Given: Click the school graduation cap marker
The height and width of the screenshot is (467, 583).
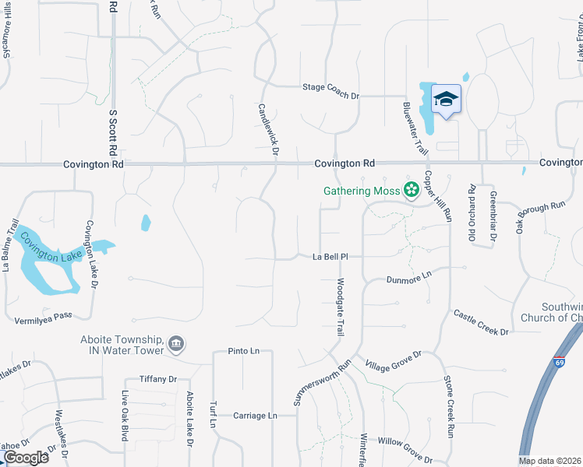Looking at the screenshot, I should pos(446,100).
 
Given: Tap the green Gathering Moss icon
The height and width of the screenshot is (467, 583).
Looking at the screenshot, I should pos(411,190).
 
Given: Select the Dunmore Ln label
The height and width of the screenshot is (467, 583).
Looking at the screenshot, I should pos(408,279).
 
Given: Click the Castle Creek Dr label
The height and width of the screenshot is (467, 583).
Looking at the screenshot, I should pos(480,321).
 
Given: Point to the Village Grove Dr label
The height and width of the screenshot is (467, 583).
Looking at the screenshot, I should pos(394,360).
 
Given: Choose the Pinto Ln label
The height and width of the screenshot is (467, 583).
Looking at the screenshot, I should pos(243,351).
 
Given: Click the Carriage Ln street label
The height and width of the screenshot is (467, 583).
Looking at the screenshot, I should pos(255,416).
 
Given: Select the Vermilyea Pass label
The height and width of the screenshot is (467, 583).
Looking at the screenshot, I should pos(43,320).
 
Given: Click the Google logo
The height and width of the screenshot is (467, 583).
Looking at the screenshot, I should pos(25,457).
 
